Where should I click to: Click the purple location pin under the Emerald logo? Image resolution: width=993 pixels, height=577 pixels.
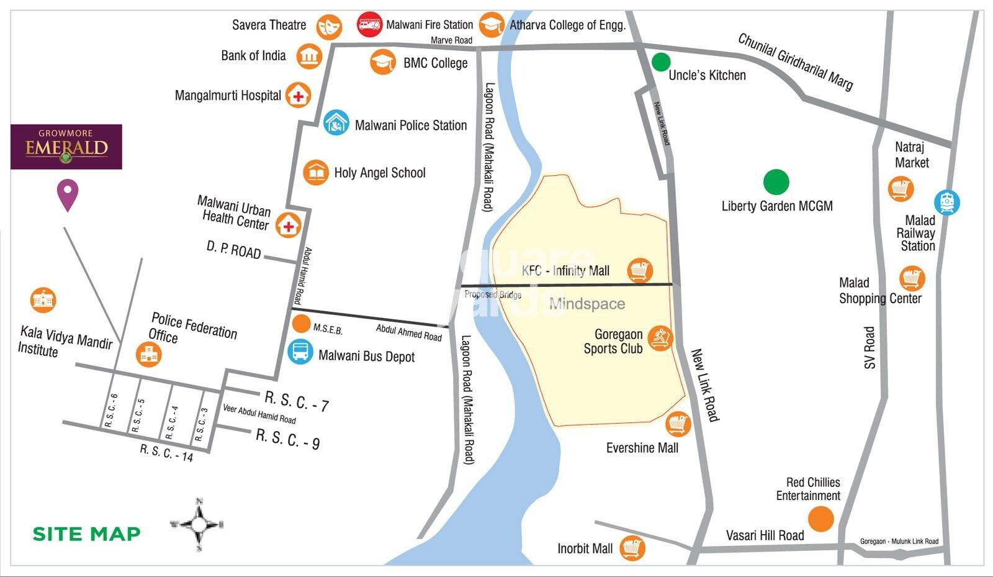68,194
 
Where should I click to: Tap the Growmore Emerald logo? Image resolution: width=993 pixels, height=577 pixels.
66,147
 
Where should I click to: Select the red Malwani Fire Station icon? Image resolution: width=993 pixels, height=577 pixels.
369,24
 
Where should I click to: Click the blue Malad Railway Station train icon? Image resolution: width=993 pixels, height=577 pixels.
946,202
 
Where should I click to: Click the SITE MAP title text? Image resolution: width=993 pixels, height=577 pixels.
86,534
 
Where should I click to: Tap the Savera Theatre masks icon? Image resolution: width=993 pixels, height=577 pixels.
329,27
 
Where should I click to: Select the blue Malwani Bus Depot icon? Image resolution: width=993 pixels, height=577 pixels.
300,352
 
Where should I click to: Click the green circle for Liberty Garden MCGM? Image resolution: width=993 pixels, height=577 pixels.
775,182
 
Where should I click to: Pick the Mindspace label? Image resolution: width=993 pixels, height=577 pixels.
586,304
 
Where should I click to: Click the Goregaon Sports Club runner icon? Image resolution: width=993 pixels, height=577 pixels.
660,338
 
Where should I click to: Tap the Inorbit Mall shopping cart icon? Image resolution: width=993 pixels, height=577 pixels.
632,548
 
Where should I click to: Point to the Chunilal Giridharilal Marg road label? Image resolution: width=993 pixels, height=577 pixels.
795,61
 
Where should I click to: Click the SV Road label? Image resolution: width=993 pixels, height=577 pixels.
869,348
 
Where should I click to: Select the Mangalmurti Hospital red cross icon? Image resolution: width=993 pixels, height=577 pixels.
299,96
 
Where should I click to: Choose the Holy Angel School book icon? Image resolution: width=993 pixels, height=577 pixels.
316,172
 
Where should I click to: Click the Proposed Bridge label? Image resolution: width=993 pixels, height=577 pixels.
493,294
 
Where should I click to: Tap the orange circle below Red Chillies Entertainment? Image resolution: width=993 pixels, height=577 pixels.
820,519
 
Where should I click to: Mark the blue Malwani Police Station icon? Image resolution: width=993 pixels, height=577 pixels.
336,122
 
